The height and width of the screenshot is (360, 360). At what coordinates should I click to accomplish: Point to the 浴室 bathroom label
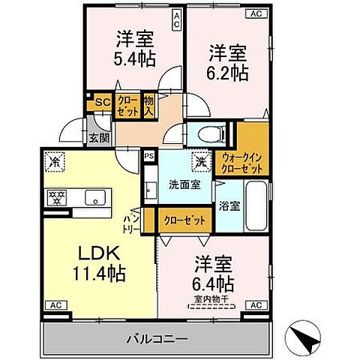[229, 205]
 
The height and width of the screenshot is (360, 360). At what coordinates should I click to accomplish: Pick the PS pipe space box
[148, 157]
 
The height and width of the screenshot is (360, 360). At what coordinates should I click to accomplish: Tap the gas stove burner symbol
[54, 198]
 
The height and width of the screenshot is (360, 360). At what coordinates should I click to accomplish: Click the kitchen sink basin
[95, 198]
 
